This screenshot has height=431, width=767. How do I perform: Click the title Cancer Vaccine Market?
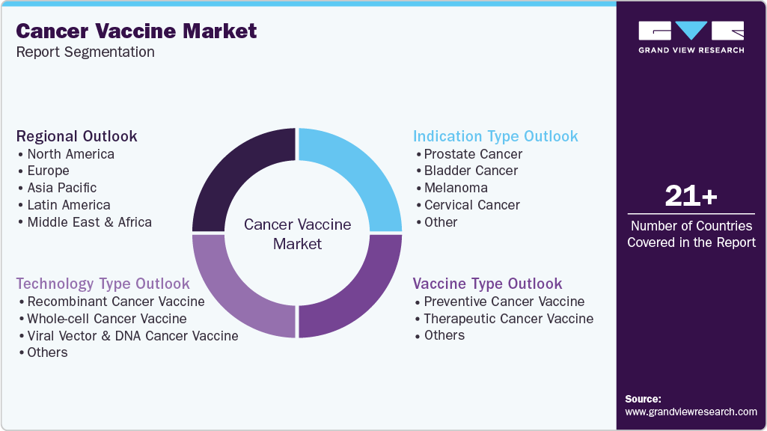(136, 31)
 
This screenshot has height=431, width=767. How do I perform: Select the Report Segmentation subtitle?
(85, 52)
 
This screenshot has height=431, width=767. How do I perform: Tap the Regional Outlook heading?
(76, 136)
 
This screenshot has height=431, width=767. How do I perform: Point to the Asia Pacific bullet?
(62, 188)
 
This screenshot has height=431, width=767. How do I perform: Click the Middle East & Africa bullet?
(89, 222)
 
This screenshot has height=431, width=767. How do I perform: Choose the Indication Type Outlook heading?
(495, 136)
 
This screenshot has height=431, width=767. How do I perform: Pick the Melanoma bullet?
(456, 188)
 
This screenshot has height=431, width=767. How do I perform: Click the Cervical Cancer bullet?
(472, 205)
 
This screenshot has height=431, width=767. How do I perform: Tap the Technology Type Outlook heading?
(103, 284)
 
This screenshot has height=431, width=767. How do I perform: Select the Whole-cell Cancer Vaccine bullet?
(107, 319)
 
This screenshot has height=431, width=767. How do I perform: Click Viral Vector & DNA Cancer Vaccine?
(132, 336)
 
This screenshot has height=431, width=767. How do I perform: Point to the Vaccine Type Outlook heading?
(487, 284)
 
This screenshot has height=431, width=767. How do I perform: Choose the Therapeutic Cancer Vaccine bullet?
(509, 319)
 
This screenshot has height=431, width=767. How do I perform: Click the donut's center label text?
(297, 234)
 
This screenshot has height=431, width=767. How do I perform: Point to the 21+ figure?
(691, 196)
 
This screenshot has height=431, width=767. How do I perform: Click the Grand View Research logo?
(691, 37)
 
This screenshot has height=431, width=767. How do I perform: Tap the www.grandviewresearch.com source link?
(691, 412)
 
